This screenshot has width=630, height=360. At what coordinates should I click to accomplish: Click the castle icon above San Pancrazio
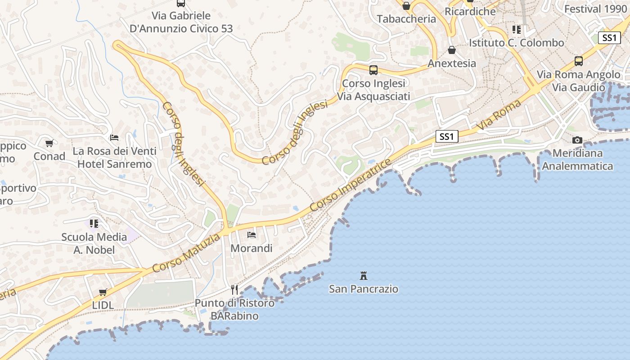pos(364,275)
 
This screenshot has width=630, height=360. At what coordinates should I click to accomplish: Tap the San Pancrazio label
pos(364,289)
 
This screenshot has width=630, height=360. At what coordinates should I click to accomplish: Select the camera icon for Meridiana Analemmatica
pos(577,140)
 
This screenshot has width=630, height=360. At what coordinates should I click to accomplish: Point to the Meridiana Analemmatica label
pos(577,160)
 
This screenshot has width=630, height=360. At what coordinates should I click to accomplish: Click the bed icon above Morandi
pos(252,235)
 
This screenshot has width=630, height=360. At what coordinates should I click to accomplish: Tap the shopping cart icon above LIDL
pos(103,292)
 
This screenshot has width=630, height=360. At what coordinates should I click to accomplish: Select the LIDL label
pos(103,305)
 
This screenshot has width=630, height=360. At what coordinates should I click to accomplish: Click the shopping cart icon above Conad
pos(49,144)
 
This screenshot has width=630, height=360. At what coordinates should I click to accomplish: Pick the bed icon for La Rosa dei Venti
pos(115,138)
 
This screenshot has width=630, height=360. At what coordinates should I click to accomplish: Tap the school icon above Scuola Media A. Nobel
pos(94,223)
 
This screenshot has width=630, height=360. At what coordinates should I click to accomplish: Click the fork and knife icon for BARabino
pos(234,289)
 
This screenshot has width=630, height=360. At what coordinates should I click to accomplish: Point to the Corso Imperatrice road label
pos(351,185)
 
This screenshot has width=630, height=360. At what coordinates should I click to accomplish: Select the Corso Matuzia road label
pos(186,252)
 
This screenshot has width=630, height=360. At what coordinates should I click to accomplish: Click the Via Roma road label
pos(499,116)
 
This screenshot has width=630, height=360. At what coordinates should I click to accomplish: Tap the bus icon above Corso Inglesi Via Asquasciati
pos(373,70)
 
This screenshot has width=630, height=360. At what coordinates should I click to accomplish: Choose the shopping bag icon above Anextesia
pos(452,50)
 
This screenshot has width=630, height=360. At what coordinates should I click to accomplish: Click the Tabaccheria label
pos(406,19)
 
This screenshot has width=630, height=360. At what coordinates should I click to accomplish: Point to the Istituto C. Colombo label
pos(516,43)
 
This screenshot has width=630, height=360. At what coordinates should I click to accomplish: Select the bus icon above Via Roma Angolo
pos(579,61)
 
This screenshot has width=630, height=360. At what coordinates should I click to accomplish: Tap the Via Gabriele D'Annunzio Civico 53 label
pos(181,22)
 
